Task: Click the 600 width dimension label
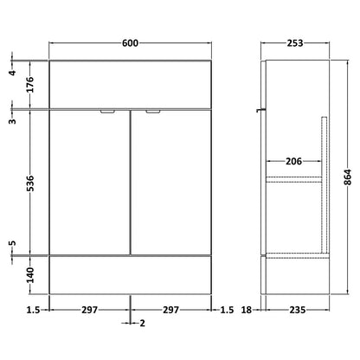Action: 130,43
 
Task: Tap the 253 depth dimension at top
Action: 295,43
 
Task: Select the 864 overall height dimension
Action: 348,177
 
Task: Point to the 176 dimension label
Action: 30,85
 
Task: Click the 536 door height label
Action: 30,183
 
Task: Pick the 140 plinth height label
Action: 30,275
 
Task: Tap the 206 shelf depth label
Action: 293,161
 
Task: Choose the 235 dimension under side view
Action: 298,310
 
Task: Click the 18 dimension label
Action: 247,310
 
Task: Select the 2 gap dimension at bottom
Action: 143,323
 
